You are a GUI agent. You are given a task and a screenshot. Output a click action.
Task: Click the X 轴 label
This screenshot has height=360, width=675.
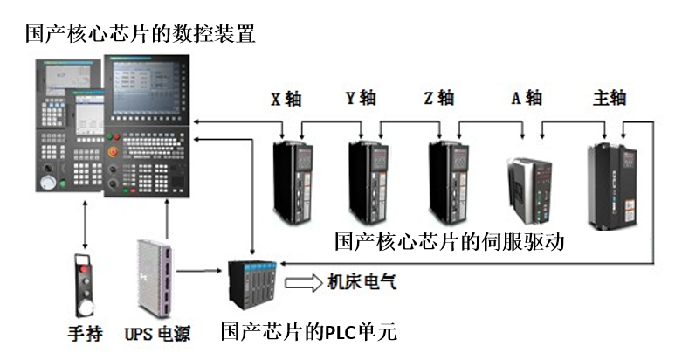(286, 99)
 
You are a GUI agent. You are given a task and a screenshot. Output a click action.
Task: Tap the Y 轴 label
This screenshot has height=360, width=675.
(361, 98)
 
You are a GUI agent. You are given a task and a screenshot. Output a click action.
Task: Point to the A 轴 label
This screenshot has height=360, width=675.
(527, 98)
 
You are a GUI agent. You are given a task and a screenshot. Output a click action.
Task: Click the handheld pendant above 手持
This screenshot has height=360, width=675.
(84, 284)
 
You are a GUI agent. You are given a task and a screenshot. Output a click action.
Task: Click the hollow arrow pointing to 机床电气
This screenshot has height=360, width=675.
(302, 283)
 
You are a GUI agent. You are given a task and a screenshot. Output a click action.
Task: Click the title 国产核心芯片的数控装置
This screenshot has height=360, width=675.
(140, 34)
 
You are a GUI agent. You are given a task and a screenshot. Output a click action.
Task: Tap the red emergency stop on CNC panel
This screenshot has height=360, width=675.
(113, 151)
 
